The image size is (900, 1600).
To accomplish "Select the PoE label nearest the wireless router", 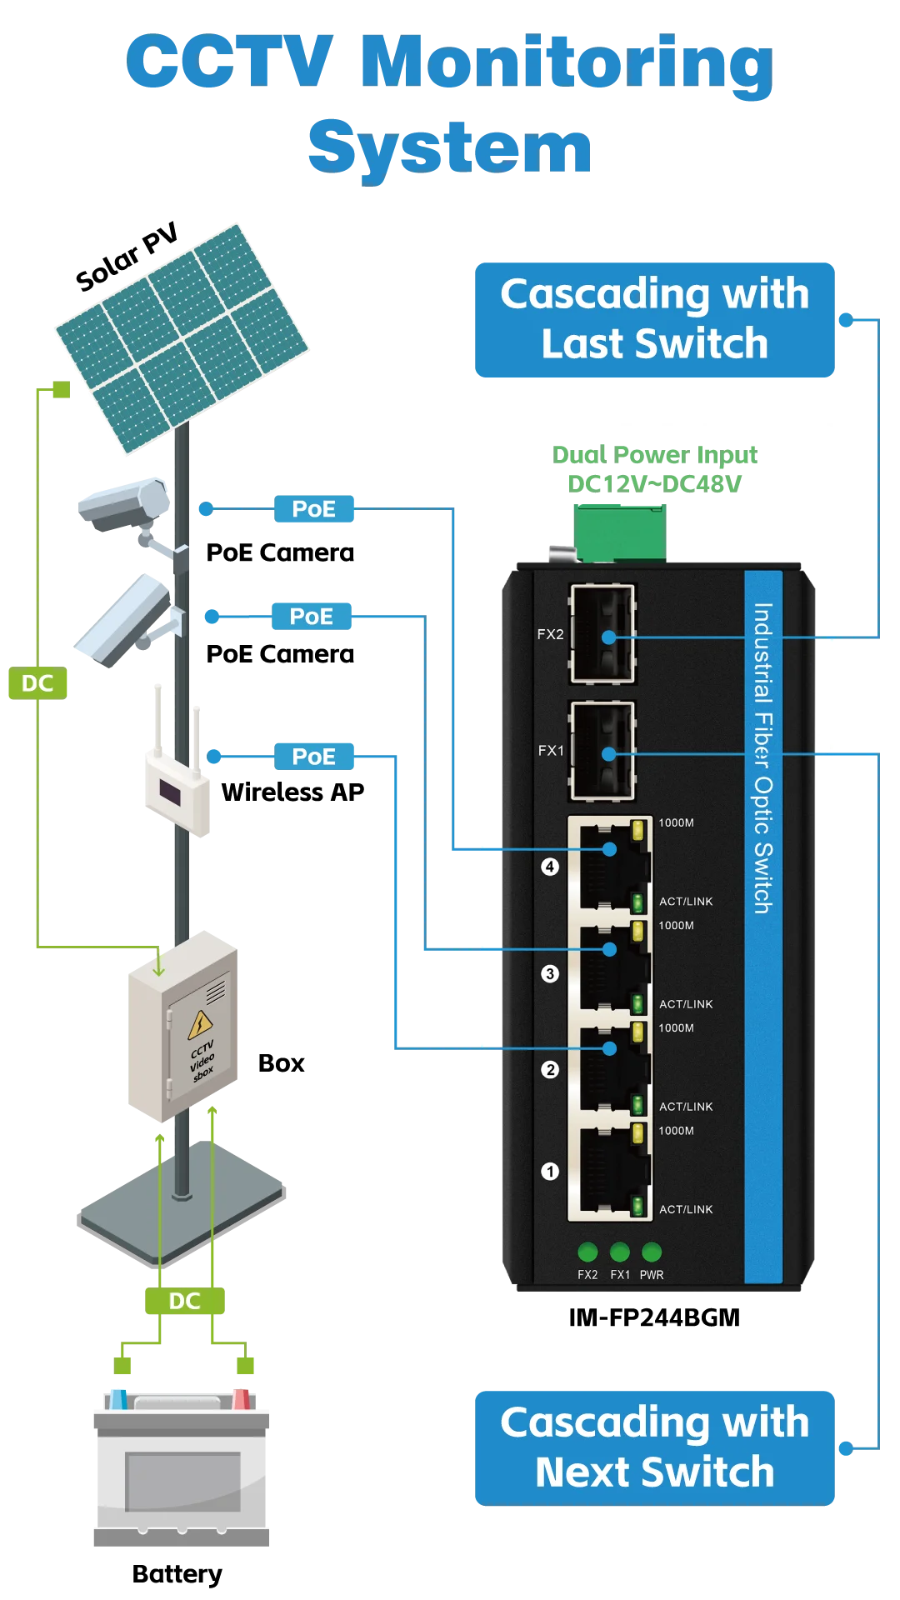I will point(314,757).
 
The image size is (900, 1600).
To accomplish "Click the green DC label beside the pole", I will point(38,683).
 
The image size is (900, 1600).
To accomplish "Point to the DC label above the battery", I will point(184,1301).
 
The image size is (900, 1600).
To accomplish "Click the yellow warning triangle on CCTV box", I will point(200,1024).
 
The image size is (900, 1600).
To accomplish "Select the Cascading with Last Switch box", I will point(654,320).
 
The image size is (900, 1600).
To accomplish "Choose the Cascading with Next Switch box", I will point(654,1447).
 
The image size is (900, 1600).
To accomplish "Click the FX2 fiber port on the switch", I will point(602,635).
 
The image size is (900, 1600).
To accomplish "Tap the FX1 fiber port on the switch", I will point(602,752).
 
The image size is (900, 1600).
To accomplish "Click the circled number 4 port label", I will point(550,867).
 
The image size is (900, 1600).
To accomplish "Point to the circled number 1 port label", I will point(550,1172).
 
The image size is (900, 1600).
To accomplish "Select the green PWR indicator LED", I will point(652,1252).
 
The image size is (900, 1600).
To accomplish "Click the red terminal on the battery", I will point(242,1397).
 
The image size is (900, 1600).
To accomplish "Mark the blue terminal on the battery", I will point(118,1397).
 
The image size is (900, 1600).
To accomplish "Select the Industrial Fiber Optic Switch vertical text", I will point(762,758).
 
